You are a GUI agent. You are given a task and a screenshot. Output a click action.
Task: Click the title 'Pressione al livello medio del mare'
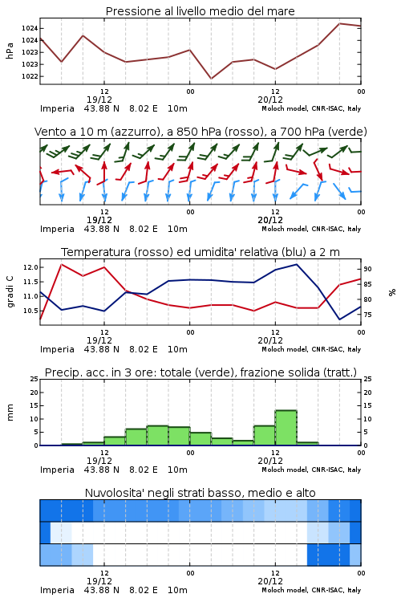coord(200,11)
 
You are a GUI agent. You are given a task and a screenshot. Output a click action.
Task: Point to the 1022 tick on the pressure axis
coord(30,76)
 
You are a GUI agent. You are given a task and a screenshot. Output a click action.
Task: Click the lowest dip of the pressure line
coord(211,79)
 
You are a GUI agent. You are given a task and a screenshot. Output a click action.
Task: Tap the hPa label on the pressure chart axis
coord(10,51)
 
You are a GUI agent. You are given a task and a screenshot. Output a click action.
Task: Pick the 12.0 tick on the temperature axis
coord(30,267)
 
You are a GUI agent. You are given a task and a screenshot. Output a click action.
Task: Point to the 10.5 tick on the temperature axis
coord(30,311)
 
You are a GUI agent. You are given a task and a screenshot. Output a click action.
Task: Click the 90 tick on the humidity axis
coord(367,269)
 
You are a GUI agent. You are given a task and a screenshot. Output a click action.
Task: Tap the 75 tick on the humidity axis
coord(367,315)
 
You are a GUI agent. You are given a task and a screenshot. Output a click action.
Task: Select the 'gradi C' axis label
coord(10,291)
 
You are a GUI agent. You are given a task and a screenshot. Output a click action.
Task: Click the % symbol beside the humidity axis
coord(392,292)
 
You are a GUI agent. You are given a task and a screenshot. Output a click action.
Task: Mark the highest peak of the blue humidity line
coord(296,264)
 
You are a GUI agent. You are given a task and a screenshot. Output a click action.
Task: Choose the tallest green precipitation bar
coord(286,428)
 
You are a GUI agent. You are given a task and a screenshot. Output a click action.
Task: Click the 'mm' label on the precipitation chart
coord(10,412)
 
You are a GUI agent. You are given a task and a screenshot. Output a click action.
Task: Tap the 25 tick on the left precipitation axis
coord(34,379)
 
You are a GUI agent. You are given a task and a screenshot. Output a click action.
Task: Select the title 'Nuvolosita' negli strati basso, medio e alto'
coord(200,493)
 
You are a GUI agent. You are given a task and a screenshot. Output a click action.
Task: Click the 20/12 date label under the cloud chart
coord(270,581)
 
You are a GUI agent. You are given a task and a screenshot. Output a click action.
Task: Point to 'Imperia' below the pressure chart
coord(57,108)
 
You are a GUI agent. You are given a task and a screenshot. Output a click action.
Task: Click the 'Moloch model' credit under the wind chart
coord(285,229)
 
